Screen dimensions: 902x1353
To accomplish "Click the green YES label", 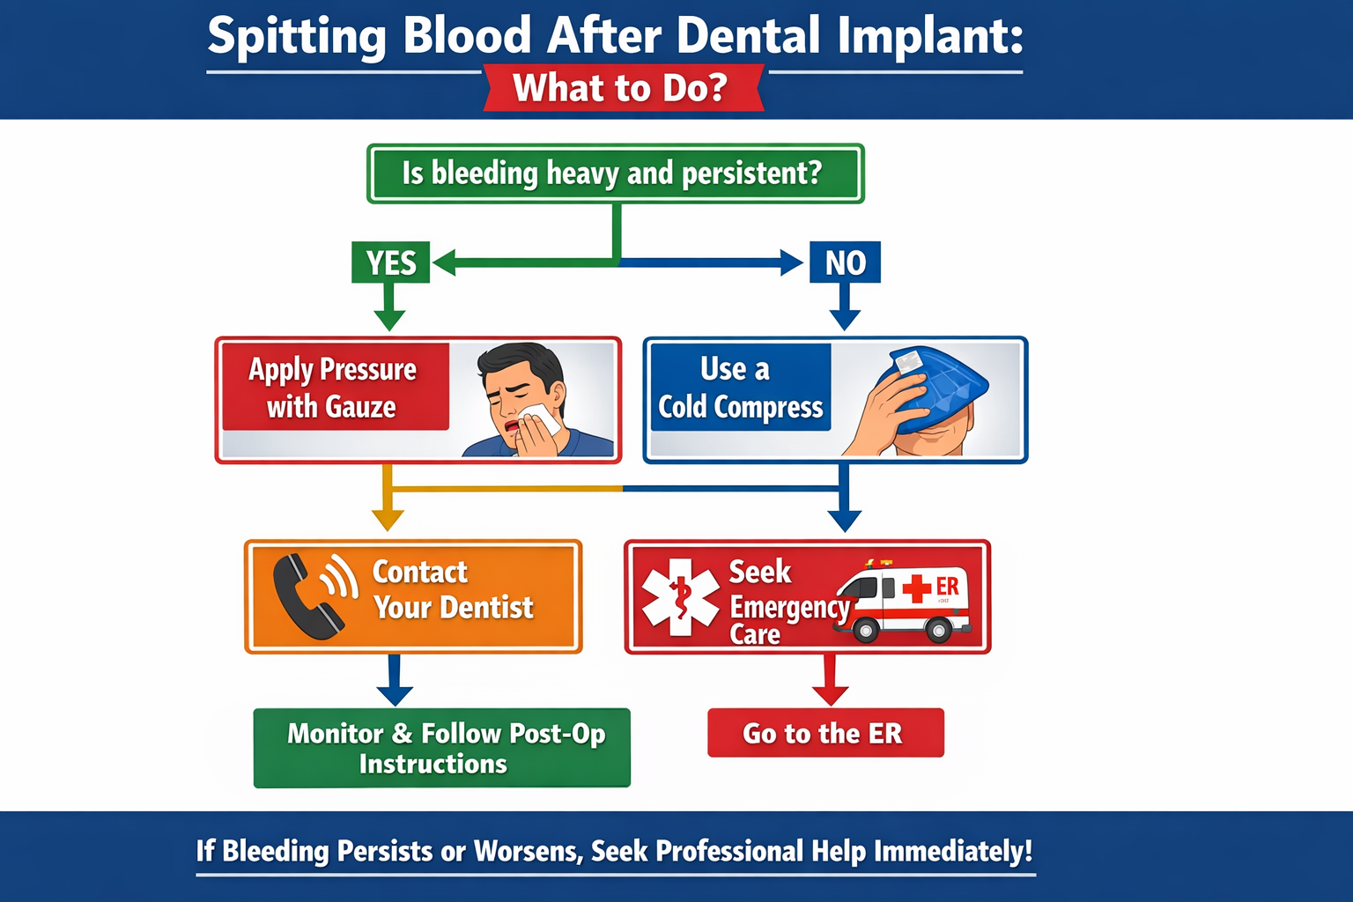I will [390, 262].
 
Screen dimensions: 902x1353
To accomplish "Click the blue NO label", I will [845, 262].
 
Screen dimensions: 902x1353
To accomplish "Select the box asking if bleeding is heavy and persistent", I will [615, 174].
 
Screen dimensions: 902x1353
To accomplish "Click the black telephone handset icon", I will [304, 597].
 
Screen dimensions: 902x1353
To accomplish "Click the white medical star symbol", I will [679, 597].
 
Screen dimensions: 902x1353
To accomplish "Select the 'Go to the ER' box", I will [825, 733].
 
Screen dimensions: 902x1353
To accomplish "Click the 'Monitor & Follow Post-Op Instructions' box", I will [442, 748].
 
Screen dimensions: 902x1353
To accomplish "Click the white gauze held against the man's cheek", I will [540, 418].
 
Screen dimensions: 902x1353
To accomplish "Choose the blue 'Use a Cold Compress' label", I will [740, 388].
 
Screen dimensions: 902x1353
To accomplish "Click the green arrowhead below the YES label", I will [389, 319].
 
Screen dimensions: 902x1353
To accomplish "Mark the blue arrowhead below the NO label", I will [845, 319].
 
